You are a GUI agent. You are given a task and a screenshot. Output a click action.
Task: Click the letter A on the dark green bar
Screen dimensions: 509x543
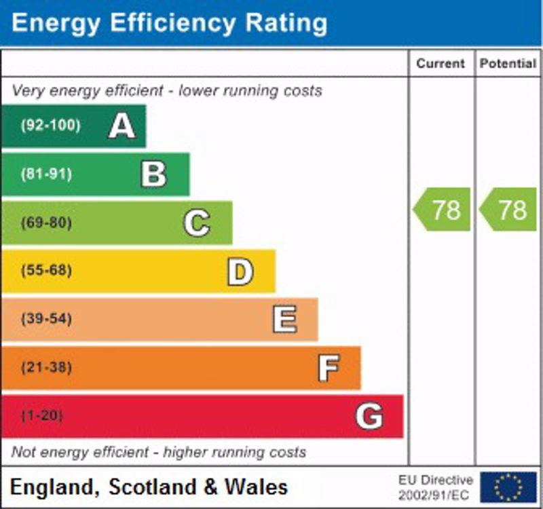(121, 126)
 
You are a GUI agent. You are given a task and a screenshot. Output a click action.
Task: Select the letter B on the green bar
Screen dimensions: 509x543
(153, 174)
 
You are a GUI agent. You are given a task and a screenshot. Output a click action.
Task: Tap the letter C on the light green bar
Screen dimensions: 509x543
(197, 223)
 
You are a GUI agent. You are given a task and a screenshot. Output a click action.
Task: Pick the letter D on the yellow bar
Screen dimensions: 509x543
(240, 271)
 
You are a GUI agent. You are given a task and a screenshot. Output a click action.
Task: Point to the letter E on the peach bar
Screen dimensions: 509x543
(284, 320)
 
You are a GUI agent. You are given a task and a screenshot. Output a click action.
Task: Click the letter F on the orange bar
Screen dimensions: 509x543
(329, 369)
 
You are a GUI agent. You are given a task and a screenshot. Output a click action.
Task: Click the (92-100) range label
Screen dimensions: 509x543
(50, 126)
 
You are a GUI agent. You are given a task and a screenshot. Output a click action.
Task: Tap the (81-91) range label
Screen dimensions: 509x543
(46, 174)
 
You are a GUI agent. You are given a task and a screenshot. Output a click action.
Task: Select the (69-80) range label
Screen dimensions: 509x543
(46, 223)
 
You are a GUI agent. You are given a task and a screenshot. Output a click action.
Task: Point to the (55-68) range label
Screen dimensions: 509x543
(46, 271)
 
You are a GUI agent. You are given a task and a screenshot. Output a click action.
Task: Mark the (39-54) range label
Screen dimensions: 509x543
(46, 319)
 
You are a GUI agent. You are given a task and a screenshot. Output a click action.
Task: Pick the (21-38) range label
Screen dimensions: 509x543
(46, 368)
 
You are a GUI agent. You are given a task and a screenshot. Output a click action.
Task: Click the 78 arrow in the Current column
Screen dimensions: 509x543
(443, 210)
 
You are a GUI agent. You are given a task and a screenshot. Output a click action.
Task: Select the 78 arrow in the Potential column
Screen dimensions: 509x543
(509, 210)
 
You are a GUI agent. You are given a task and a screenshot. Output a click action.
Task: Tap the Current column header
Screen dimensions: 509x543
(441, 64)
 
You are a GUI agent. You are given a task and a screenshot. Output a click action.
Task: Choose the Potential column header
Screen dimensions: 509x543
(508, 64)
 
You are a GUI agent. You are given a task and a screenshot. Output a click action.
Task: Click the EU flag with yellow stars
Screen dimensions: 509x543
(508, 487)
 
